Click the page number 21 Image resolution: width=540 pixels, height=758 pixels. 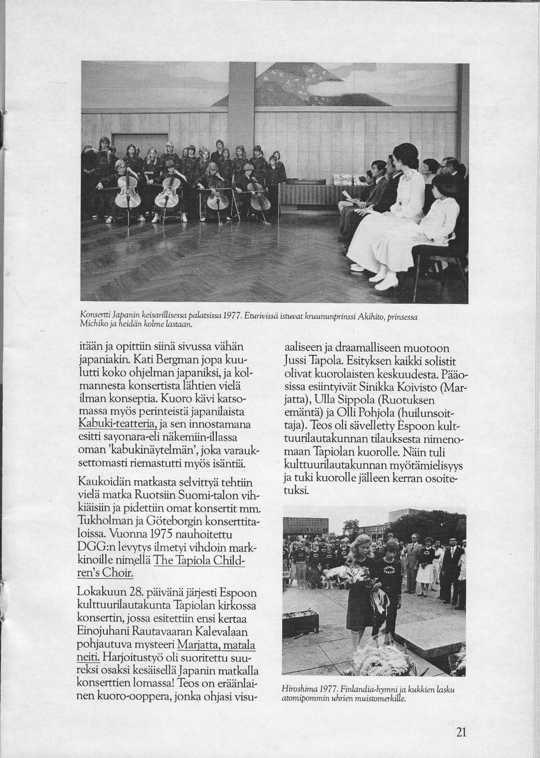pyautogui.click(x=462, y=732)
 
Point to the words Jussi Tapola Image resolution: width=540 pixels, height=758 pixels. pyautogui.click(x=315, y=361)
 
